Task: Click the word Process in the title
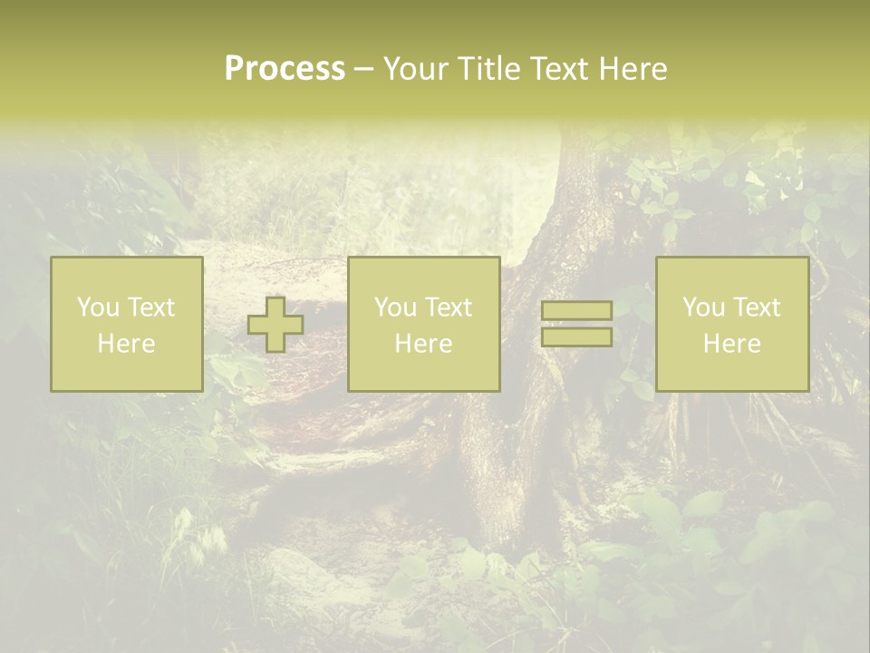[285, 68]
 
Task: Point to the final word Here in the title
[633, 68]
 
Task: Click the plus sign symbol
[275, 325]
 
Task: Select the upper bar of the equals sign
[576, 311]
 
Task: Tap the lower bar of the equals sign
[576, 337]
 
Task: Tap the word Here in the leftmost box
[127, 344]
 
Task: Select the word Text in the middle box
[449, 307]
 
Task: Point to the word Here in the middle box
[424, 344]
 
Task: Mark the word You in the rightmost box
[704, 307]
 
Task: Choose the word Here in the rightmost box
[732, 344]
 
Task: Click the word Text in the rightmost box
[757, 307]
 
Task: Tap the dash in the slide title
[364, 70]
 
